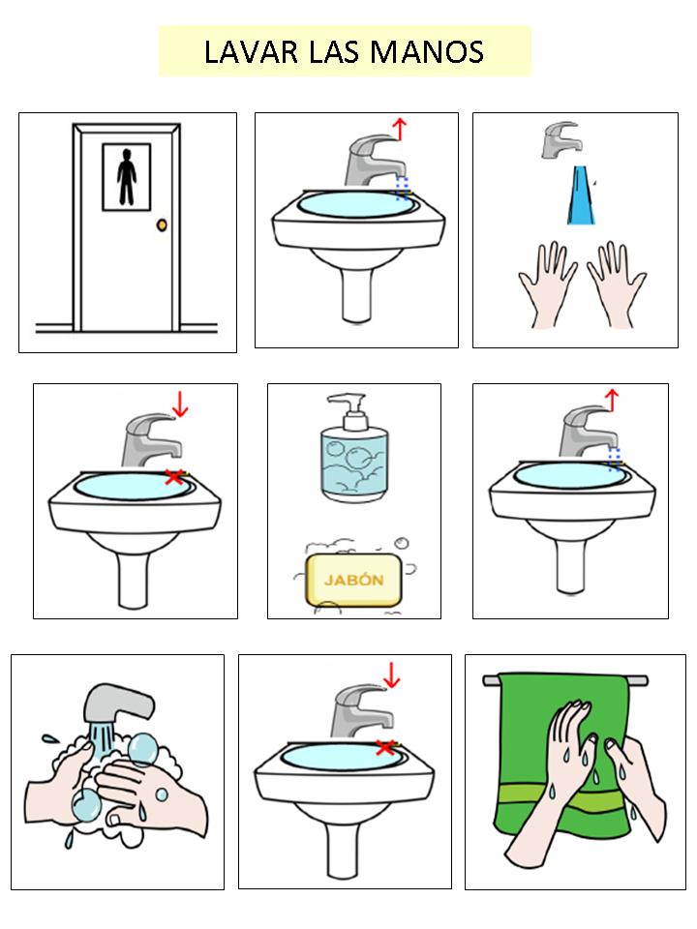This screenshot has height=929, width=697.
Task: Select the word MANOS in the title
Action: click(427, 51)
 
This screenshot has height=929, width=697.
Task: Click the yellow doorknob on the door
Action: click(162, 225)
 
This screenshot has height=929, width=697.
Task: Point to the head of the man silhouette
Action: click(125, 155)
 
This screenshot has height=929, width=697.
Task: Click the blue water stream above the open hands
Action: click(580, 195)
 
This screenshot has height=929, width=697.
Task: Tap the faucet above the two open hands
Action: click(561, 139)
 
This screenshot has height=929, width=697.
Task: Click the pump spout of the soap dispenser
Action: click(348, 402)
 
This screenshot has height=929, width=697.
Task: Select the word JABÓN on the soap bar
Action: click(354, 580)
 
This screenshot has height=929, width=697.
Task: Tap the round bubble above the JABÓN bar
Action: click(403, 542)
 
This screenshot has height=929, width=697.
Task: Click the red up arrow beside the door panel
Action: click(400, 129)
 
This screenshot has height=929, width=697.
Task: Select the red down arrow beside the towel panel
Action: click(391, 676)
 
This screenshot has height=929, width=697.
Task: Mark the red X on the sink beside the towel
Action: click(386, 748)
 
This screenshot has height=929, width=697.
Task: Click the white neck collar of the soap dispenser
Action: click(354, 421)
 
